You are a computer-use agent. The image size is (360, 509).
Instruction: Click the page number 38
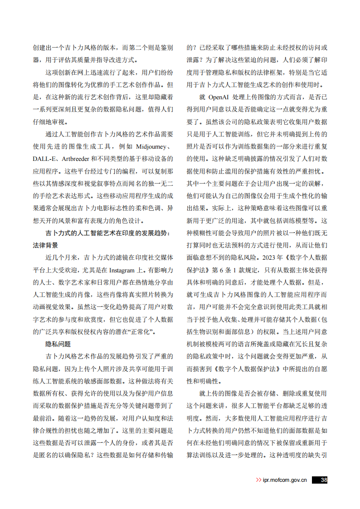(323, 480)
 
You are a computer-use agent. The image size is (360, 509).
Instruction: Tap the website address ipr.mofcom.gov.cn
(285, 480)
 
